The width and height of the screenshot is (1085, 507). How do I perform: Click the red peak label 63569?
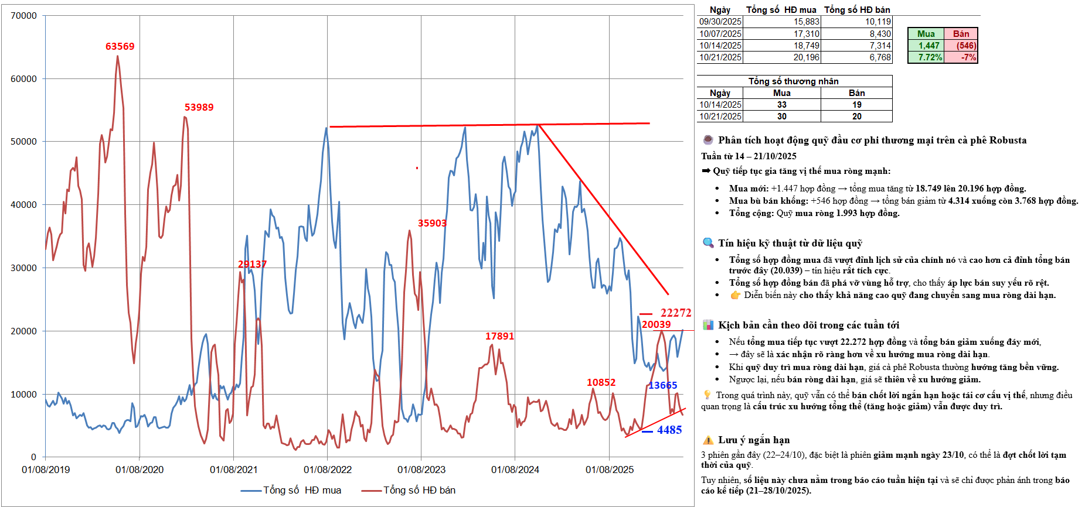tap(120, 47)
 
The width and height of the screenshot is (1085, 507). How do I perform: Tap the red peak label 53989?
tap(199, 108)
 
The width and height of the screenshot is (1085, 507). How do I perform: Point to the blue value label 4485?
tap(669, 430)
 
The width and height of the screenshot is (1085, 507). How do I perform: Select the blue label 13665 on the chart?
tap(662, 385)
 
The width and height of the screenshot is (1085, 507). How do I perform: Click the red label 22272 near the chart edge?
tap(676, 313)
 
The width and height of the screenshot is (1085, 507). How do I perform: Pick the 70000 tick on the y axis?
tap(24, 16)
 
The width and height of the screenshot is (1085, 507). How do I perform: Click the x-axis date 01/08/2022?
tap(328, 470)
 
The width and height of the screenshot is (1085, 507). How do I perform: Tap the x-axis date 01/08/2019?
tap(46, 470)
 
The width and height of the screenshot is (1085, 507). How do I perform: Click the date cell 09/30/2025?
tap(720, 22)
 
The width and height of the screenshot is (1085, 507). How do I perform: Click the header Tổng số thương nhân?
tap(793, 81)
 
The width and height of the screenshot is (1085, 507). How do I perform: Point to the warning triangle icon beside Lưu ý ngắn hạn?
tap(708, 440)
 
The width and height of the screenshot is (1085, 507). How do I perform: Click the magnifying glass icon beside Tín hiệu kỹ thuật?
tap(708, 243)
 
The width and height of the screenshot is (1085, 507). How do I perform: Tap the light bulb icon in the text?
tap(708, 395)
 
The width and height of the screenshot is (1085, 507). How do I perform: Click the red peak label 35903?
tap(432, 224)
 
